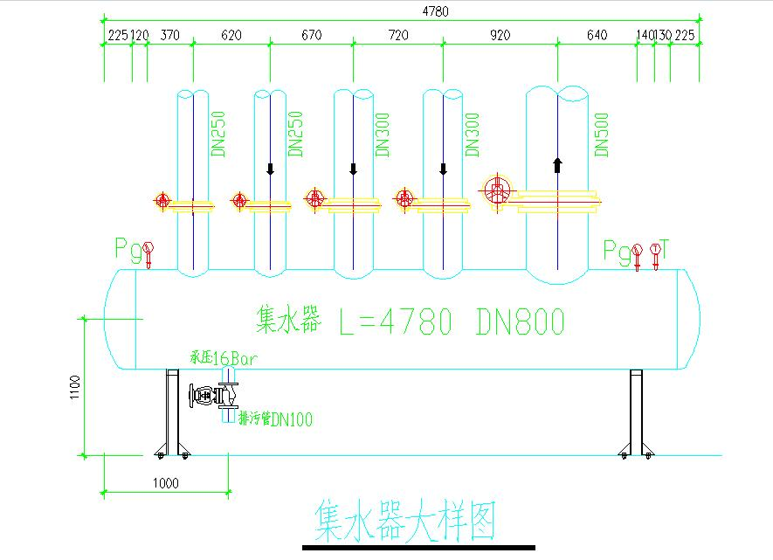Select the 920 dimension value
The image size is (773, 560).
point(499,35)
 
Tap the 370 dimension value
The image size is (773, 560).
point(170,35)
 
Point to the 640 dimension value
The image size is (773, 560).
point(597,35)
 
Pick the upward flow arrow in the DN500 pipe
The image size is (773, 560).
point(557,164)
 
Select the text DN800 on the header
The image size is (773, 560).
point(521,322)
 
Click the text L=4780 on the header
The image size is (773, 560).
point(396,322)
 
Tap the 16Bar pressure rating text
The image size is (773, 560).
point(236,357)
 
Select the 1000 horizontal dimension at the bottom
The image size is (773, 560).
point(166,482)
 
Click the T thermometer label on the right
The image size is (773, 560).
point(666,250)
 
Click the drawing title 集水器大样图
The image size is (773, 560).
point(404,522)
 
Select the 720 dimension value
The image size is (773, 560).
point(397,35)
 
